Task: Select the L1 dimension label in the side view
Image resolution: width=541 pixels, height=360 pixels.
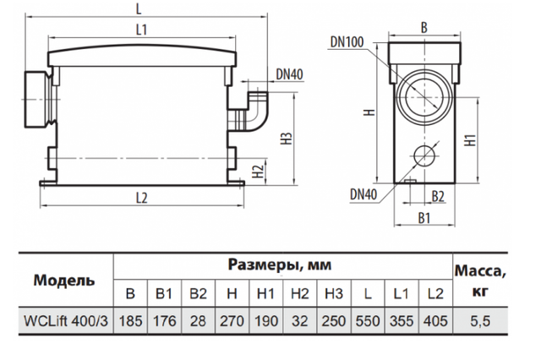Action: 141,30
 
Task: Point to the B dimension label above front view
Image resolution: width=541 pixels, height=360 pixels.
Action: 423,26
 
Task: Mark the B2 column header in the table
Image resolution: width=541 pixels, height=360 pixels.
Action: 197,294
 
